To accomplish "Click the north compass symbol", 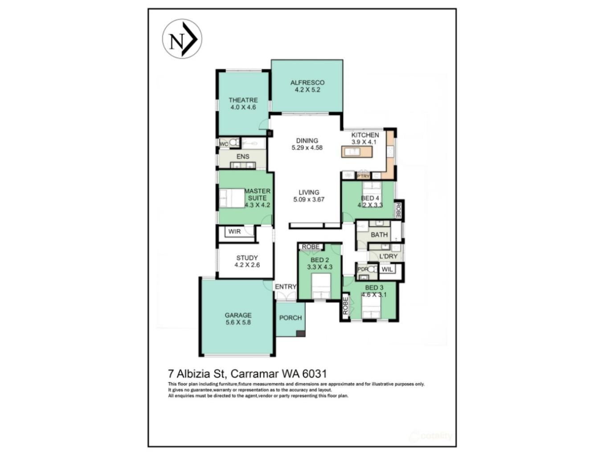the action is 182,39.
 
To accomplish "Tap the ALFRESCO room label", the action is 307,82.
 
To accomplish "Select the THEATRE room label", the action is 243,100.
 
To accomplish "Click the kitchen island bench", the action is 357,152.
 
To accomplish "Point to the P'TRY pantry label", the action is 363,176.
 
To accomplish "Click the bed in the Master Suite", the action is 232,198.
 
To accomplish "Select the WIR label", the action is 234,231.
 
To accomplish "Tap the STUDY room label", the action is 247,258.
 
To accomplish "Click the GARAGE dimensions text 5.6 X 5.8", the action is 238,322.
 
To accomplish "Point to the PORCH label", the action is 291,318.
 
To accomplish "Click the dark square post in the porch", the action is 301,333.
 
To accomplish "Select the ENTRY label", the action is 286,287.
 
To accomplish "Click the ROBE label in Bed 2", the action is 311,247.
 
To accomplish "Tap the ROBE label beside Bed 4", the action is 398,211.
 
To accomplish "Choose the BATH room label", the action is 379,235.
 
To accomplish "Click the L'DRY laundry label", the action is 388,256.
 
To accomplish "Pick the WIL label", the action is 387,269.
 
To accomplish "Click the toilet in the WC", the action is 234,143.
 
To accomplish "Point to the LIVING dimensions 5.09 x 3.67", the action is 309,199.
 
